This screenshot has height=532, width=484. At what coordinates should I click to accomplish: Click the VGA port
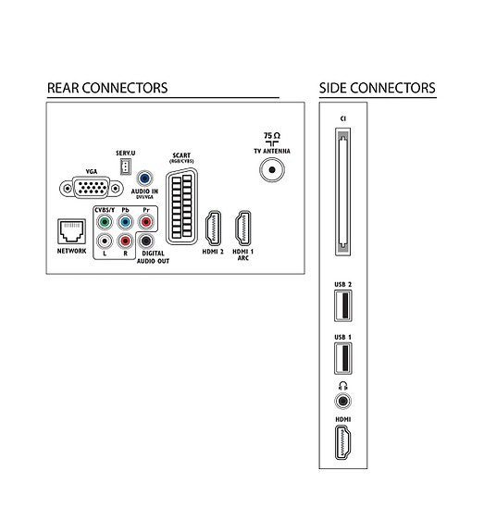(x=92, y=188)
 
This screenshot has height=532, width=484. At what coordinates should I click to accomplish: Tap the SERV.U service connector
(x=125, y=167)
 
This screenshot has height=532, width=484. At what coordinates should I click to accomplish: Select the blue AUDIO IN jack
(x=144, y=179)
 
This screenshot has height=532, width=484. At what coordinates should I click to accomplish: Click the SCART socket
(x=182, y=206)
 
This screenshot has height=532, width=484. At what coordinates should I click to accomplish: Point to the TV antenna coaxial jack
(x=272, y=169)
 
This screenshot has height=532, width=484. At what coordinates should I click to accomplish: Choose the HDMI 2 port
(x=213, y=228)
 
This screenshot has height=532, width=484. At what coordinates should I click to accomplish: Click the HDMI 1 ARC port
(x=243, y=228)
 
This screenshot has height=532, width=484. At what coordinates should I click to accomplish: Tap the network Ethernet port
(x=71, y=231)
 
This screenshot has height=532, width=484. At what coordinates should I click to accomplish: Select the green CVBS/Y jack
(x=105, y=222)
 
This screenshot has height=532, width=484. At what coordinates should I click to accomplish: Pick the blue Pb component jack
(x=125, y=222)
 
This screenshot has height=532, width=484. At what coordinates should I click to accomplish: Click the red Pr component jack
(x=146, y=222)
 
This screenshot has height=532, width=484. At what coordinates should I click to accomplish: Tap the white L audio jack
(x=105, y=241)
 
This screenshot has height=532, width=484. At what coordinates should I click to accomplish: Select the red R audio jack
(x=125, y=241)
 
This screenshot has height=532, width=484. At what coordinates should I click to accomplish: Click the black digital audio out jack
(x=146, y=241)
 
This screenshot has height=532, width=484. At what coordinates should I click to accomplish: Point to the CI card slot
(x=343, y=192)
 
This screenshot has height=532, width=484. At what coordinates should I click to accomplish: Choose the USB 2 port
(x=343, y=305)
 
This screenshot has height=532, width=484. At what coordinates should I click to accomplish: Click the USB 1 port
(x=343, y=358)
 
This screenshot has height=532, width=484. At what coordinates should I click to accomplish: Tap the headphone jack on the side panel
(x=343, y=401)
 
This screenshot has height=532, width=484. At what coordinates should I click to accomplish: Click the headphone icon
(x=343, y=386)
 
